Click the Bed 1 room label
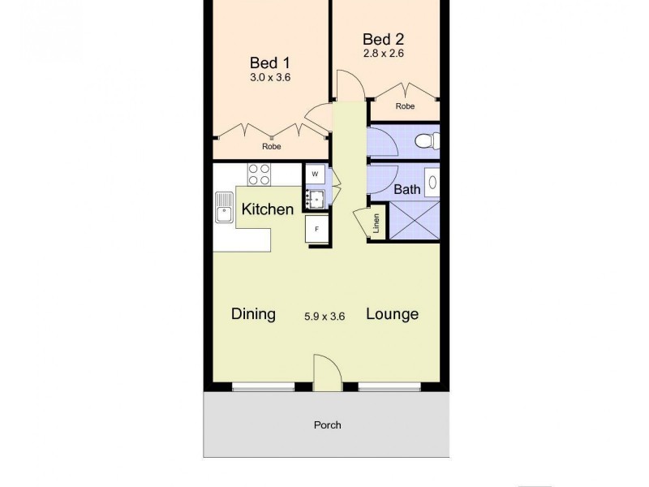point(270,62)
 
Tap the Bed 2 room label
point(383,38)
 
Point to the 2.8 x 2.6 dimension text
point(383,54)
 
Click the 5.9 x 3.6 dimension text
point(324,317)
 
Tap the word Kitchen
point(268,209)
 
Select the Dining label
point(253,314)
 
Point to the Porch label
point(328,425)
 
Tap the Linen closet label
point(376,225)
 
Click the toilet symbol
point(426,142)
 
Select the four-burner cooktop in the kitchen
point(260,174)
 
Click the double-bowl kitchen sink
point(223,208)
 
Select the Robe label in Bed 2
point(406,106)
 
